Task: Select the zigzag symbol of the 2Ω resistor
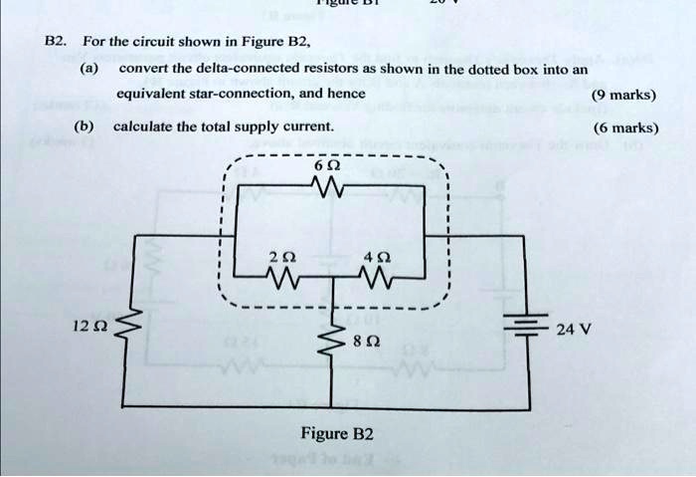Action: (284, 277)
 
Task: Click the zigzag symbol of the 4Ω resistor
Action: (375, 277)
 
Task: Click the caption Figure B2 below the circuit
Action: (336, 433)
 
